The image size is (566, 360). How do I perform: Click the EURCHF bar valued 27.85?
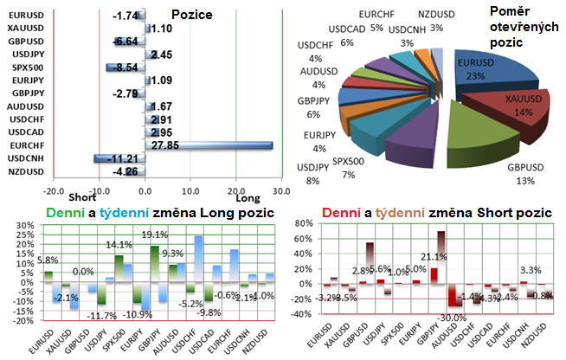pos(208,146)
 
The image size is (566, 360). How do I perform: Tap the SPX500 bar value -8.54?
pos(125,67)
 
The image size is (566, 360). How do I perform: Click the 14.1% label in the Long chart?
pos(119,245)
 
